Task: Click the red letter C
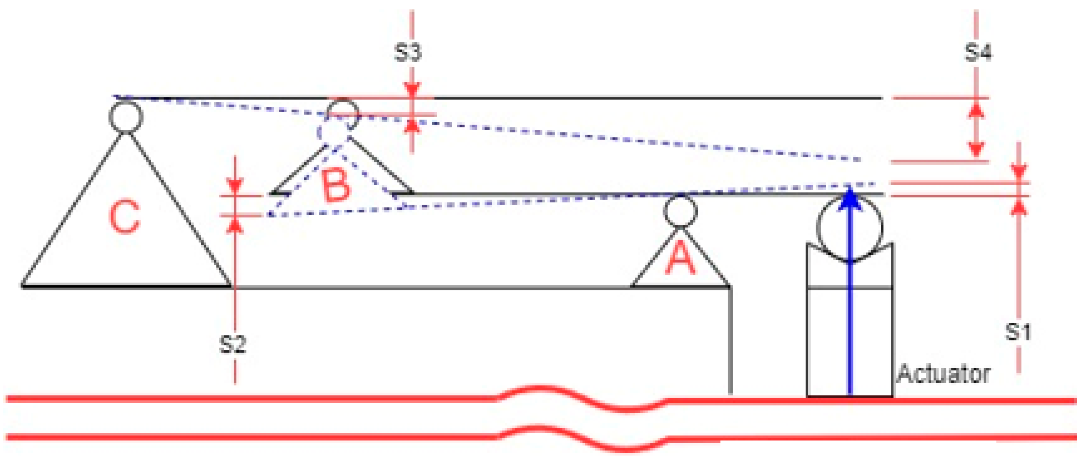coord(125,217)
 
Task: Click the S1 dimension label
coord(1018,331)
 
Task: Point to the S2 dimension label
coord(233,344)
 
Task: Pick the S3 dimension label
coord(408,53)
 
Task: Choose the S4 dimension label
coord(978,53)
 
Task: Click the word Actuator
coord(944,374)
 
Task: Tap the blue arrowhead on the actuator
coord(850,198)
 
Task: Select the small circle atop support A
coord(680,211)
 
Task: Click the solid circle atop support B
coord(343,114)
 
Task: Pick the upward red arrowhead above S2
coord(235,226)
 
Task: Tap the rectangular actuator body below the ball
coord(849,342)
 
